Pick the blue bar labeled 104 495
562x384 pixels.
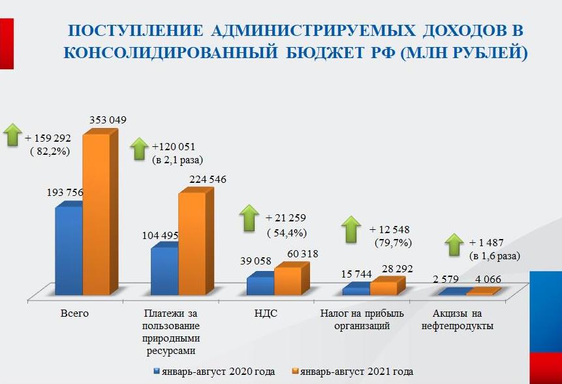tap(164, 270)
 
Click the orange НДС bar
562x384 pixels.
tap(287, 281)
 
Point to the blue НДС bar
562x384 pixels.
tap(260, 286)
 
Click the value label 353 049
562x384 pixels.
tap(108, 120)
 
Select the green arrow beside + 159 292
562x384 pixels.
tap(12, 135)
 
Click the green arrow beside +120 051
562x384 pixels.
tap(140, 148)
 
